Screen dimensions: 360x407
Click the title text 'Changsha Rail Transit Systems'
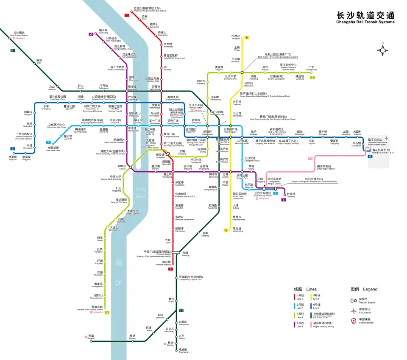365,22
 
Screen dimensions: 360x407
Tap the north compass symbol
383,50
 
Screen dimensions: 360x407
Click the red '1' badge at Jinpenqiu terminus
126,15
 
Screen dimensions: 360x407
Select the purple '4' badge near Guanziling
91,34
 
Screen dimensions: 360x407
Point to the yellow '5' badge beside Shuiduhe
247,38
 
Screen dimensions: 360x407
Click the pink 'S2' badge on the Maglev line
309,159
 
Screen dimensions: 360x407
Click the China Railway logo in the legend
353,321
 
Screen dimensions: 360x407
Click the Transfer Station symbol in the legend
353,300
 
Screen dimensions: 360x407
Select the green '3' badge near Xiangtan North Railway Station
107,313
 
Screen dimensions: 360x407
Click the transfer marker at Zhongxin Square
175,253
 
